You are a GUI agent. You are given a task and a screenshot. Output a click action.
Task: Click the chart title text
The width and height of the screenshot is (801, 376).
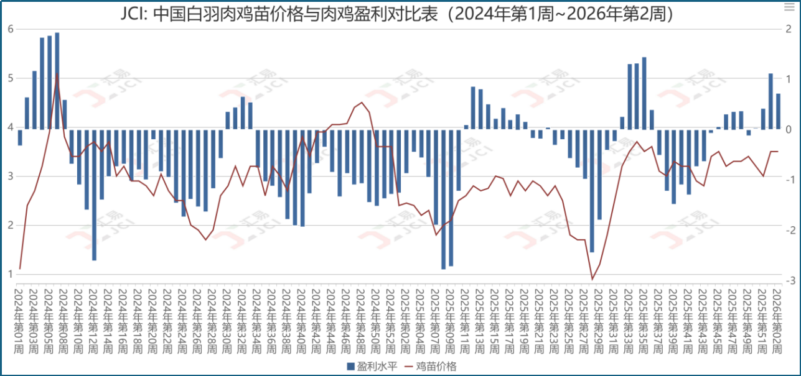[399, 14]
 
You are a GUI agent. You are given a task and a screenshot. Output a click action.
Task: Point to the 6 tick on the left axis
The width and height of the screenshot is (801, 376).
[10, 29]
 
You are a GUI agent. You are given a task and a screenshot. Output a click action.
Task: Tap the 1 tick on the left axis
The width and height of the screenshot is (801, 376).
[10, 274]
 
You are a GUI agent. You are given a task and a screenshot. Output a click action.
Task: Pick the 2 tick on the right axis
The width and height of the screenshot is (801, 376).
[789, 29]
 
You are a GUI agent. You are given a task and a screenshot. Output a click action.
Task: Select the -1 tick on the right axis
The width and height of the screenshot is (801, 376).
[789, 180]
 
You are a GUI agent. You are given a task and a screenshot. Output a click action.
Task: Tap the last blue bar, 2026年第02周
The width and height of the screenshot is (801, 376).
[778, 111]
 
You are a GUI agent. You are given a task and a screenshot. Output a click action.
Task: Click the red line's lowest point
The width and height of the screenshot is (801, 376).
[592, 279]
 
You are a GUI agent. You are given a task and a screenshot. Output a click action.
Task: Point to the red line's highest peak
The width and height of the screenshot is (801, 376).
[57, 74]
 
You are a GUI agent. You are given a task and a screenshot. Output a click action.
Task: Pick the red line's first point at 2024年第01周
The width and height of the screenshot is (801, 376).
[20, 268]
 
